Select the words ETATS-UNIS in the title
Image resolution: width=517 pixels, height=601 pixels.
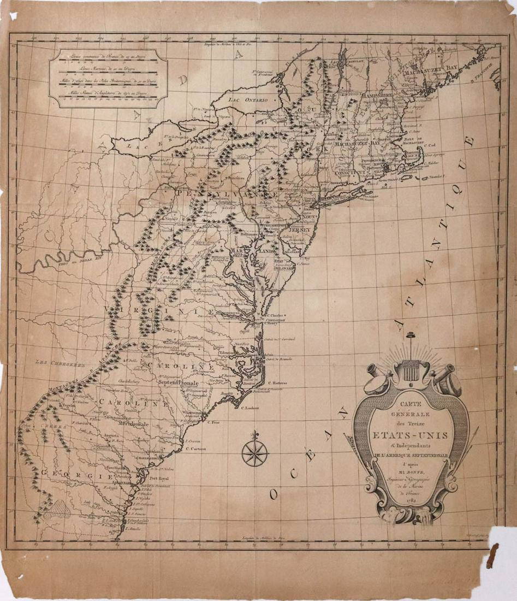pyautogui.click(x=410, y=435)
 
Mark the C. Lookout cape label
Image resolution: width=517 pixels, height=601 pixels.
pyautogui.click(x=247, y=408)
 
